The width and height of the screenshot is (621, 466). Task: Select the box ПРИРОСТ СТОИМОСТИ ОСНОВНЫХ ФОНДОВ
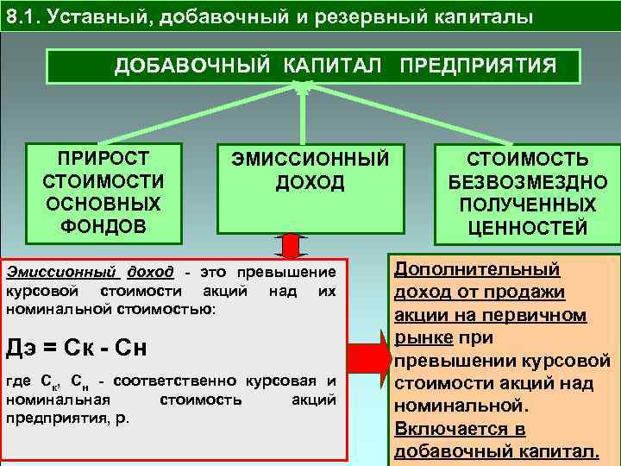pyautogui.click(x=103, y=192)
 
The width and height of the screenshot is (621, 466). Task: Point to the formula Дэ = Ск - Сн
pyautogui.click(x=77, y=349)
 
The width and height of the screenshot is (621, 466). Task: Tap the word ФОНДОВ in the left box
pyautogui.click(x=103, y=226)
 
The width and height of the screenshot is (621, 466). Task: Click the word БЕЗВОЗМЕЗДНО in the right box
pyautogui.click(x=528, y=183)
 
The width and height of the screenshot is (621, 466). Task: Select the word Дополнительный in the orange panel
pyautogui.click(x=477, y=268)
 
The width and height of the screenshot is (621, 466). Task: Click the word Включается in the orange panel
pyautogui.click(x=448, y=429)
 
